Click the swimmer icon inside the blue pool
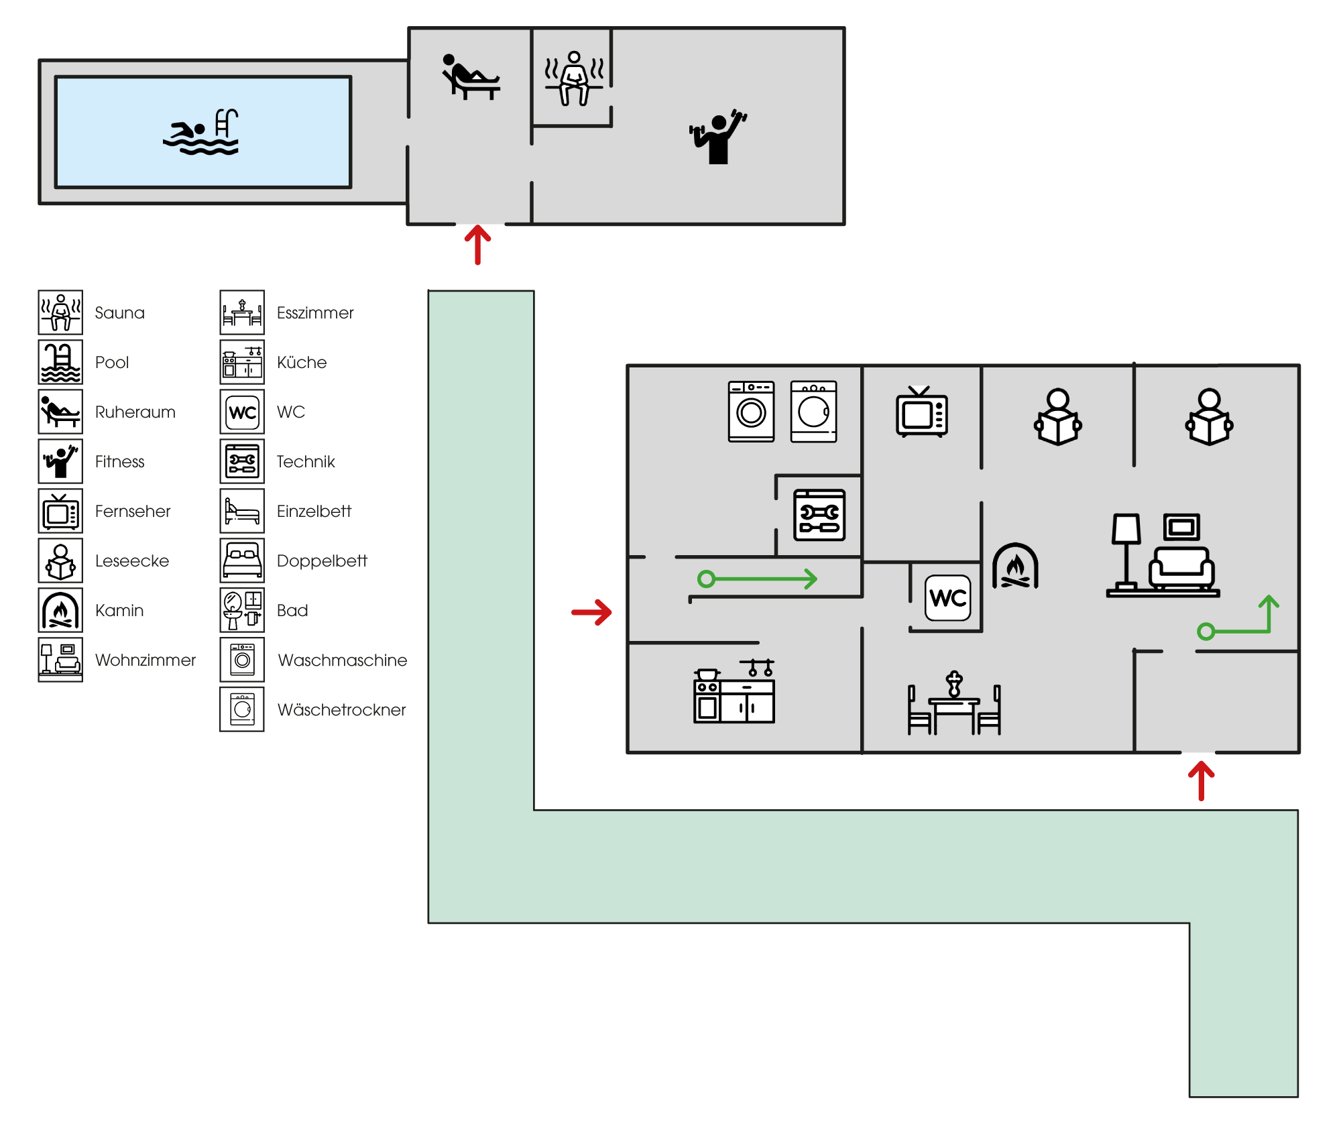pyautogui.click(x=200, y=132)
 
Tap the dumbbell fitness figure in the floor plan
pyautogui.click(x=718, y=137)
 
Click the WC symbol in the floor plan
pyautogui.click(x=948, y=597)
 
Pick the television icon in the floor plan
pyautogui.click(x=922, y=412)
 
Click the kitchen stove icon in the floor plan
pyautogui.click(x=734, y=692)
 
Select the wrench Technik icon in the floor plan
pyautogui.click(x=819, y=515)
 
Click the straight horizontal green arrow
pyautogui.click(x=757, y=579)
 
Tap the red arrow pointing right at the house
pyautogui.click(x=591, y=611)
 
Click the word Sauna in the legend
pyautogui.click(x=119, y=313)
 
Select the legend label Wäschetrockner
pyautogui.click(x=341, y=710)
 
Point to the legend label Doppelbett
pyautogui.click(x=322, y=561)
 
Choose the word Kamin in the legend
pyautogui.click(x=119, y=611)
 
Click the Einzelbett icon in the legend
pyautogui.click(x=242, y=512)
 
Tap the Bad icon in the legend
pyautogui.click(x=242, y=611)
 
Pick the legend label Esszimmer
pyautogui.click(x=315, y=313)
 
